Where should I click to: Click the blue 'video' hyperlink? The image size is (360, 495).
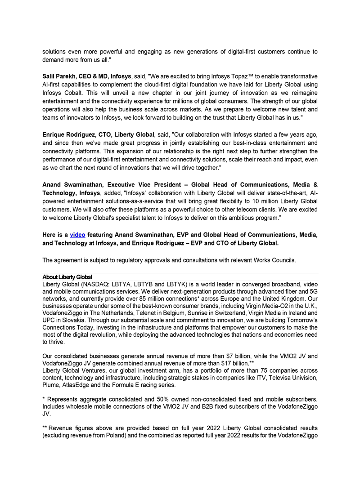77,235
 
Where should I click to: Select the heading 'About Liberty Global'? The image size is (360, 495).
67,276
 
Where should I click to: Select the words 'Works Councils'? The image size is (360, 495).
274,260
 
